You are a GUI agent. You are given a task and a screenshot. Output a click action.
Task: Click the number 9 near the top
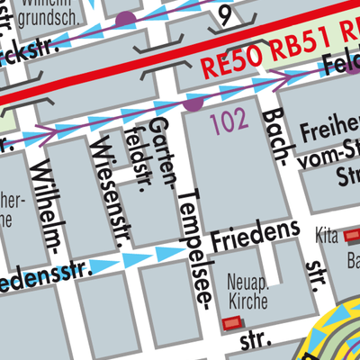[x=225, y=13]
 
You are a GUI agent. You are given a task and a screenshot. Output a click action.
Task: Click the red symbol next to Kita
[x=350, y=236]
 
